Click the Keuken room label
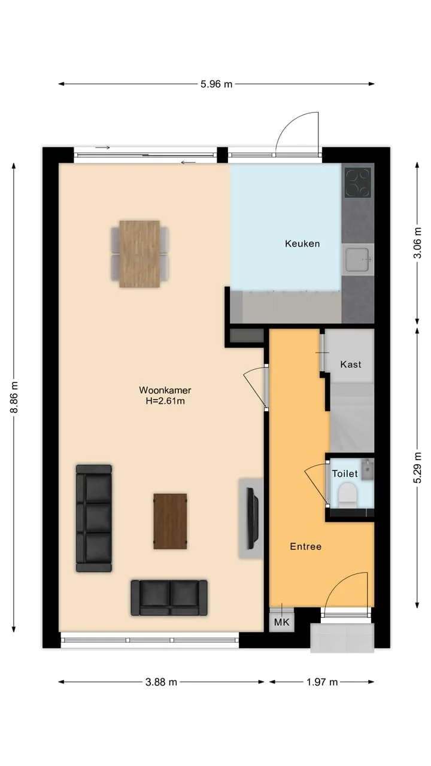coord(302,244)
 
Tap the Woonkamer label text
coord(165,390)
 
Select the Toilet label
coord(345,473)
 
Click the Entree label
coord(305,546)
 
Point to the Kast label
coord(351,364)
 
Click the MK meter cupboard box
coord(281,622)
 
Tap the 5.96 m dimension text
coord(216,84)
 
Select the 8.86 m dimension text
coord(14,397)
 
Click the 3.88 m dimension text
coord(161,682)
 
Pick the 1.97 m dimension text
coord(322,682)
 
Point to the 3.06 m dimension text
coord(417,243)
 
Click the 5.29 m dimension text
coord(417,468)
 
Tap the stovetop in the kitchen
coord(358,183)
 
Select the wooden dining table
coord(139,254)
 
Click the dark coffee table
coord(170,521)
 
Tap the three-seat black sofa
coord(94,518)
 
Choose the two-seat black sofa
coord(169,598)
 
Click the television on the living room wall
coord(253,518)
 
